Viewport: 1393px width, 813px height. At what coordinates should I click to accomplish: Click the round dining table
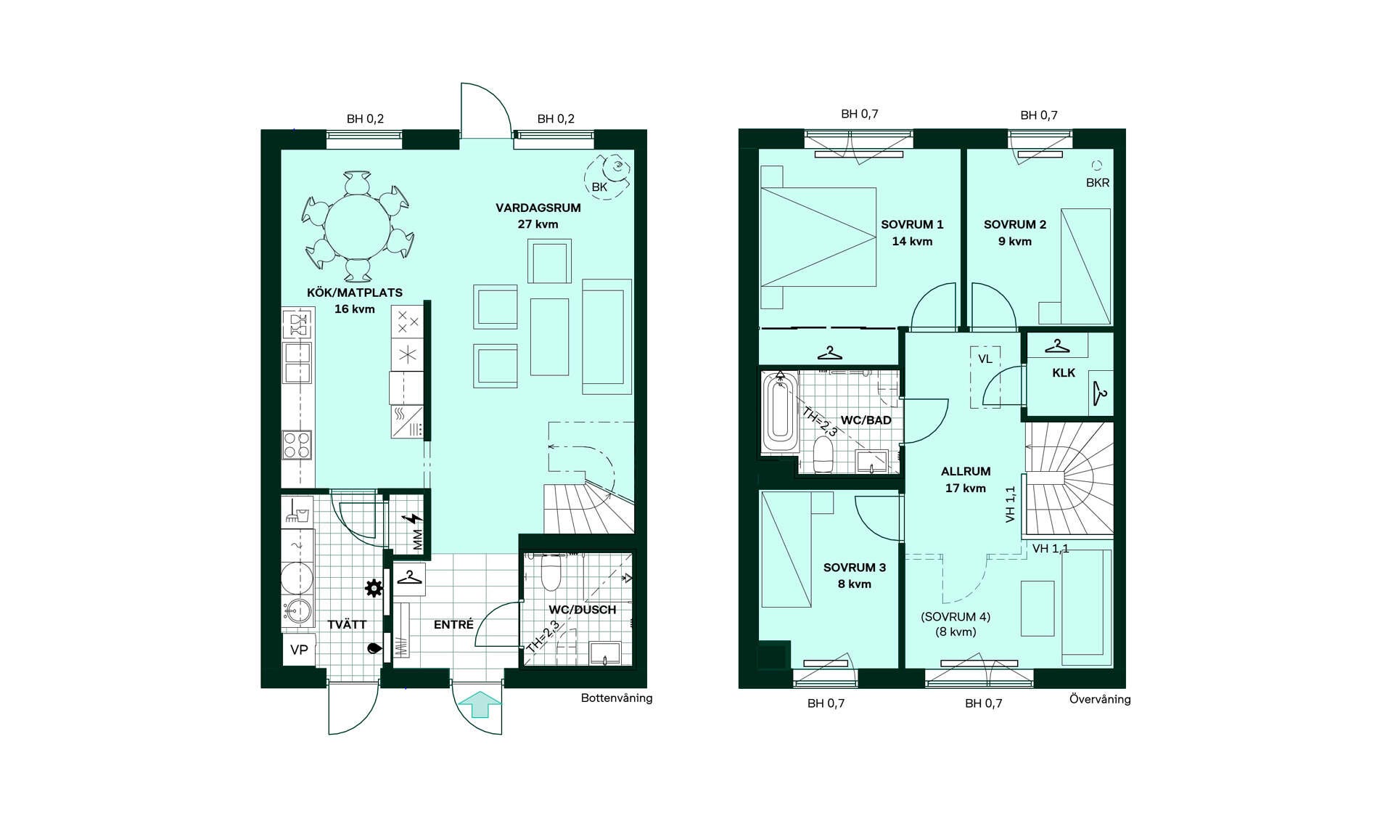[357, 226]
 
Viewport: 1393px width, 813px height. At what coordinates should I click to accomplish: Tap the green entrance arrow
[480, 704]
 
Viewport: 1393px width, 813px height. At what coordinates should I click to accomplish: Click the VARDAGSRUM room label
[538, 208]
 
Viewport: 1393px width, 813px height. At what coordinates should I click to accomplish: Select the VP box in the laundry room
[299, 650]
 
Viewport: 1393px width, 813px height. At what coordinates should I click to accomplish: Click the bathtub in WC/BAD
[780, 413]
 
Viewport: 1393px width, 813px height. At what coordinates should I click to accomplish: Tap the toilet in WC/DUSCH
[551, 573]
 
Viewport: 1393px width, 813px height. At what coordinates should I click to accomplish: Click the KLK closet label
[1064, 373]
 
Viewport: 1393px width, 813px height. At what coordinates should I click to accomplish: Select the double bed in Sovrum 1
[818, 237]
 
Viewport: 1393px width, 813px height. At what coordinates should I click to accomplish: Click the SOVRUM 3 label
[855, 568]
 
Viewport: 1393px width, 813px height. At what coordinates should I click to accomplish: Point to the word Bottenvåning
[617, 698]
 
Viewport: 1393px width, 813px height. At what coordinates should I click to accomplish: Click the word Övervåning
[1100, 699]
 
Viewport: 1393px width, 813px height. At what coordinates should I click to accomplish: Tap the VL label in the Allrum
[985, 359]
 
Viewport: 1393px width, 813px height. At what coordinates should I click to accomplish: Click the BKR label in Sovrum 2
[1098, 183]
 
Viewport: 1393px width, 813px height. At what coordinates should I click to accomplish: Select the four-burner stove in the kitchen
[297, 445]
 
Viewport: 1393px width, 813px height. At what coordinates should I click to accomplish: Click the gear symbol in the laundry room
[374, 588]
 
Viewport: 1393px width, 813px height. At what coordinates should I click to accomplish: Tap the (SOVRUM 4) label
[956, 617]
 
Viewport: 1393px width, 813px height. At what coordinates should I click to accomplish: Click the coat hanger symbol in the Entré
[409, 578]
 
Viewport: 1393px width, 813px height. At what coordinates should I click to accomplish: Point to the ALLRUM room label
[966, 472]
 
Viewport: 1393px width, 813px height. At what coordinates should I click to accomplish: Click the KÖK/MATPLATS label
[355, 293]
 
